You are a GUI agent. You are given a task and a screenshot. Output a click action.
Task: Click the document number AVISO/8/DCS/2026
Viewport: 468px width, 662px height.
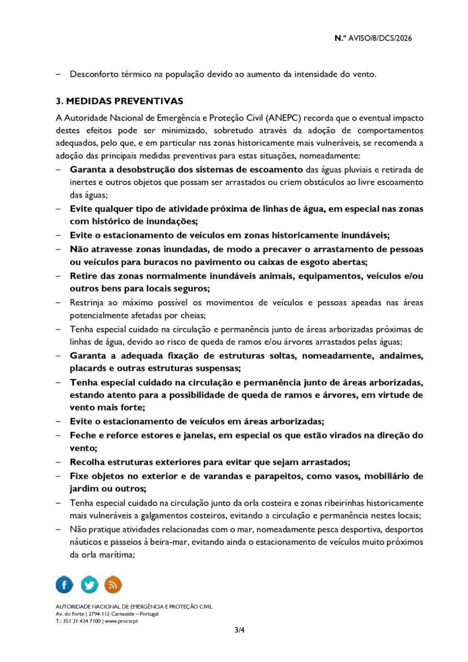[381, 38]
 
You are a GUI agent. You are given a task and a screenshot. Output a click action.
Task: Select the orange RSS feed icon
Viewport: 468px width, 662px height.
[113, 584]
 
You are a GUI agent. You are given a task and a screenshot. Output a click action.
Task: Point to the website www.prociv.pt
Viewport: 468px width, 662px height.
[121, 621]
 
